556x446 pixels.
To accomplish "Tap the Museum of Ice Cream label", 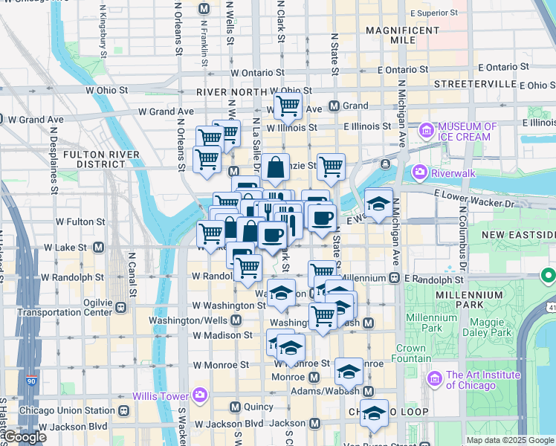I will click(465, 132).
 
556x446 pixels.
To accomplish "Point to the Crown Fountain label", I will click(410, 353).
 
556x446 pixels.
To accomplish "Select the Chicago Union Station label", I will click(68, 410).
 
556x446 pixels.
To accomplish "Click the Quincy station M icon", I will click(236, 407).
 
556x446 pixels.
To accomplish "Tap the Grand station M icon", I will click(334, 106).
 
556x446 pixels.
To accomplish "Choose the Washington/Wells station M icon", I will click(236, 320).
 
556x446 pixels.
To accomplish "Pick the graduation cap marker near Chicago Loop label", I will click(374, 412).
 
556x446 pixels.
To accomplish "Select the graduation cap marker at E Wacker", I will click(378, 203).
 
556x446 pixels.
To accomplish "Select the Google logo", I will click(25, 437).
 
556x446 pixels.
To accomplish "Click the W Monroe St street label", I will click(221, 365).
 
